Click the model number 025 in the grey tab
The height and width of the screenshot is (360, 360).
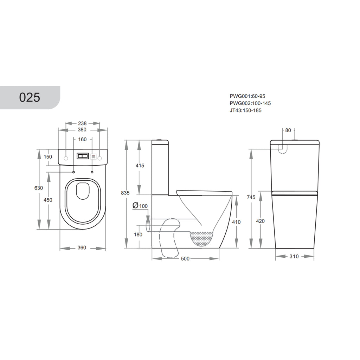tap(30, 97)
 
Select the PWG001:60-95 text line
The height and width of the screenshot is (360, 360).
tap(247, 96)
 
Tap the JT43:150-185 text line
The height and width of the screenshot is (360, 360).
tap(245, 110)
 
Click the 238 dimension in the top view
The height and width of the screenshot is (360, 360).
tap(82, 123)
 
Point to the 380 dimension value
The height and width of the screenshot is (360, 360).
tap(82, 130)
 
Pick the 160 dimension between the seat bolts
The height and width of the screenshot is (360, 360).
tap(82, 139)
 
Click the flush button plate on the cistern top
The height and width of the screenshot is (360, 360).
tap(83, 156)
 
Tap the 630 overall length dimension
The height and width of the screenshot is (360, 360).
tap(39, 188)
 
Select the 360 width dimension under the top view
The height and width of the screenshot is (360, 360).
tap(82, 247)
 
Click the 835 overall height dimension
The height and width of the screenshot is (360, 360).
tap(125, 193)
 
